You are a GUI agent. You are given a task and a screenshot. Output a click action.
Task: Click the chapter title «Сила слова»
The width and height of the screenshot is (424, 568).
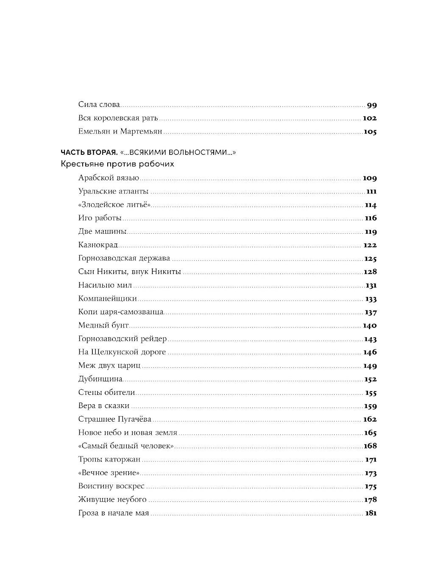pyautogui.click(x=99, y=104)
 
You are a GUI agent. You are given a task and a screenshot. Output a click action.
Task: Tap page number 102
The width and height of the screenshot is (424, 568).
pyautogui.click(x=370, y=118)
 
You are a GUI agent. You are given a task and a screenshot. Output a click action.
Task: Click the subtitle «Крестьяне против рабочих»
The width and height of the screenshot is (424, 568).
pyautogui.click(x=117, y=164)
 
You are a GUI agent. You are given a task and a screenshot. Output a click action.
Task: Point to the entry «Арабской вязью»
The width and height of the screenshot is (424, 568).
pyautogui.click(x=109, y=179)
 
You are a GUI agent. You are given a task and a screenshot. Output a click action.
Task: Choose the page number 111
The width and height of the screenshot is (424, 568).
pyautogui.click(x=371, y=192)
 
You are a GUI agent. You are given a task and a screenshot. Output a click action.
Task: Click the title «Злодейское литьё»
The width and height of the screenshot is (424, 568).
pyautogui.click(x=114, y=205)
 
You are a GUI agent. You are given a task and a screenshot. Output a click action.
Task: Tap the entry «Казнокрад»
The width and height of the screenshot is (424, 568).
pyautogui.click(x=98, y=245)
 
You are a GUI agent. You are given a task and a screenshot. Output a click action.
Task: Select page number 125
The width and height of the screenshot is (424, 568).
pyautogui.click(x=370, y=258)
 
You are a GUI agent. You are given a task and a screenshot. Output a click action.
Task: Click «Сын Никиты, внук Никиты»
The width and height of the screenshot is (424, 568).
pyautogui.click(x=129, y=271)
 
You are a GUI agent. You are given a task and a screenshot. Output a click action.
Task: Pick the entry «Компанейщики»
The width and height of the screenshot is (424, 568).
pyautogui.click(x=107, y=299)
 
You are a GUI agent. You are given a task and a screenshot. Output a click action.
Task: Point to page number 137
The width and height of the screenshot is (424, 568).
pyautogui.click(x=371, y=312)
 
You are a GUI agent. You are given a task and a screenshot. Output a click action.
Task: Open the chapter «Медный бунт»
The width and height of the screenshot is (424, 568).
pyautogui.click(x=103, y=325)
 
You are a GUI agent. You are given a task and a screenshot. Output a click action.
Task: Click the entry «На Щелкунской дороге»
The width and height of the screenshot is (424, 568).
pyautogui.click(x=122, y=352)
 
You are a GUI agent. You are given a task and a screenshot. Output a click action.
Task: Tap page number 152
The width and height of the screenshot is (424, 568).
pyautogui.click(x=370, y=379)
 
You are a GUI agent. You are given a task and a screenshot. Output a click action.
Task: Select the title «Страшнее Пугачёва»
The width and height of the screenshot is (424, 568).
pyautogui.click(x=114, y=419)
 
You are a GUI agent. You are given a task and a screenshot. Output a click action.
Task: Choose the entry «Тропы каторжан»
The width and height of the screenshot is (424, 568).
pyautogui.click(x=109, y=459)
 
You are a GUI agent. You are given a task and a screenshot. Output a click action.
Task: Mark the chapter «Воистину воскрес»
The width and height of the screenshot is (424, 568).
pyautogui.click(x=111, y=486)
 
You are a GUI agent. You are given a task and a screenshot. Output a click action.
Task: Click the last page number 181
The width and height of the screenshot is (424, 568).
pyautogui.click(x=371, y=513)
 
